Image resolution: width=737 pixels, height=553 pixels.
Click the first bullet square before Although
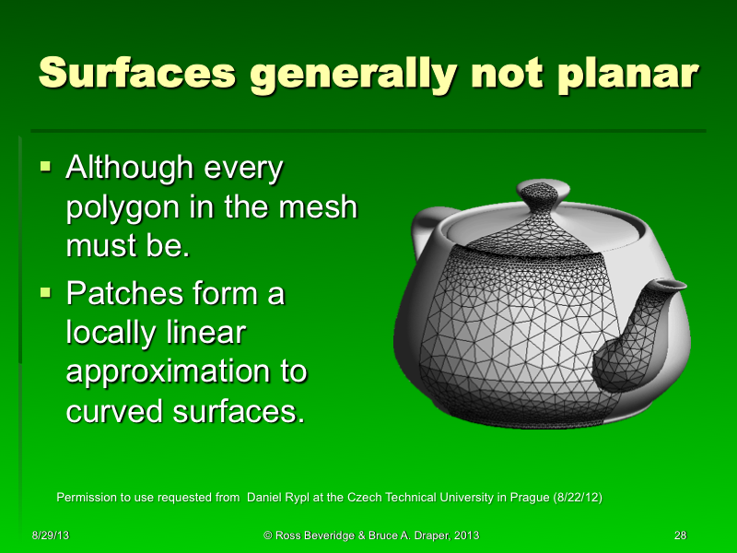(46, 168)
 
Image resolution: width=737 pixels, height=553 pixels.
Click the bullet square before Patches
(46, 294)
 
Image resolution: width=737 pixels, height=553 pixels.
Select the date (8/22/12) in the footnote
(578, 498)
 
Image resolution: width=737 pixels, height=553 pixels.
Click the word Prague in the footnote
(524, 498)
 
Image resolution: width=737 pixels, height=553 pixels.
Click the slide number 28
(681, 535)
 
